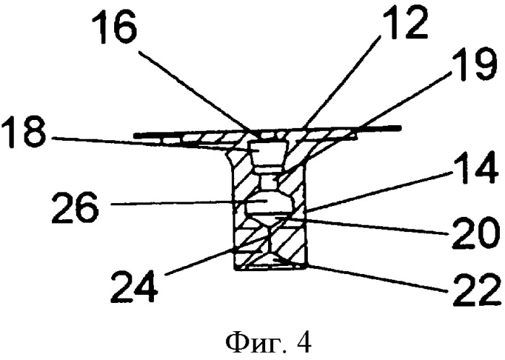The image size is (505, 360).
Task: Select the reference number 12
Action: [x=403, y=20]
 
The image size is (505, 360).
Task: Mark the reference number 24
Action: [x=134, y=285]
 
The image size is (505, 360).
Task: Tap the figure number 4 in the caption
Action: [x=303, y=342]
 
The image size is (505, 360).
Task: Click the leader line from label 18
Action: [x=154, y=144]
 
